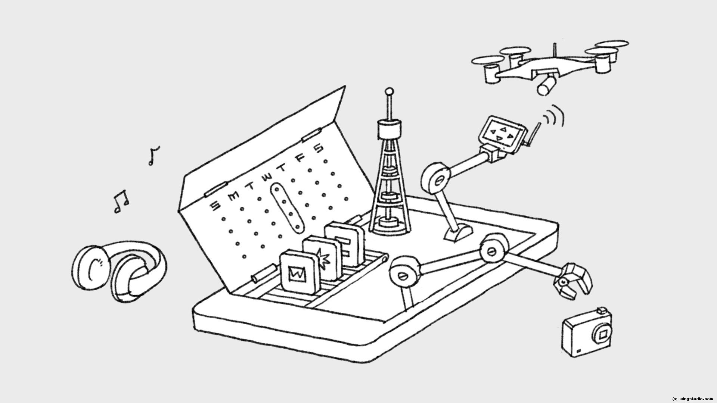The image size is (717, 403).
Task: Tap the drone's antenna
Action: (554, 52)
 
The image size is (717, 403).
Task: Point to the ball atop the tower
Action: (389, 91)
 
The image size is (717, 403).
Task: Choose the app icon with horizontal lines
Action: (344, 244)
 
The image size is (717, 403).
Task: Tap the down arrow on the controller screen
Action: (499, 139)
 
